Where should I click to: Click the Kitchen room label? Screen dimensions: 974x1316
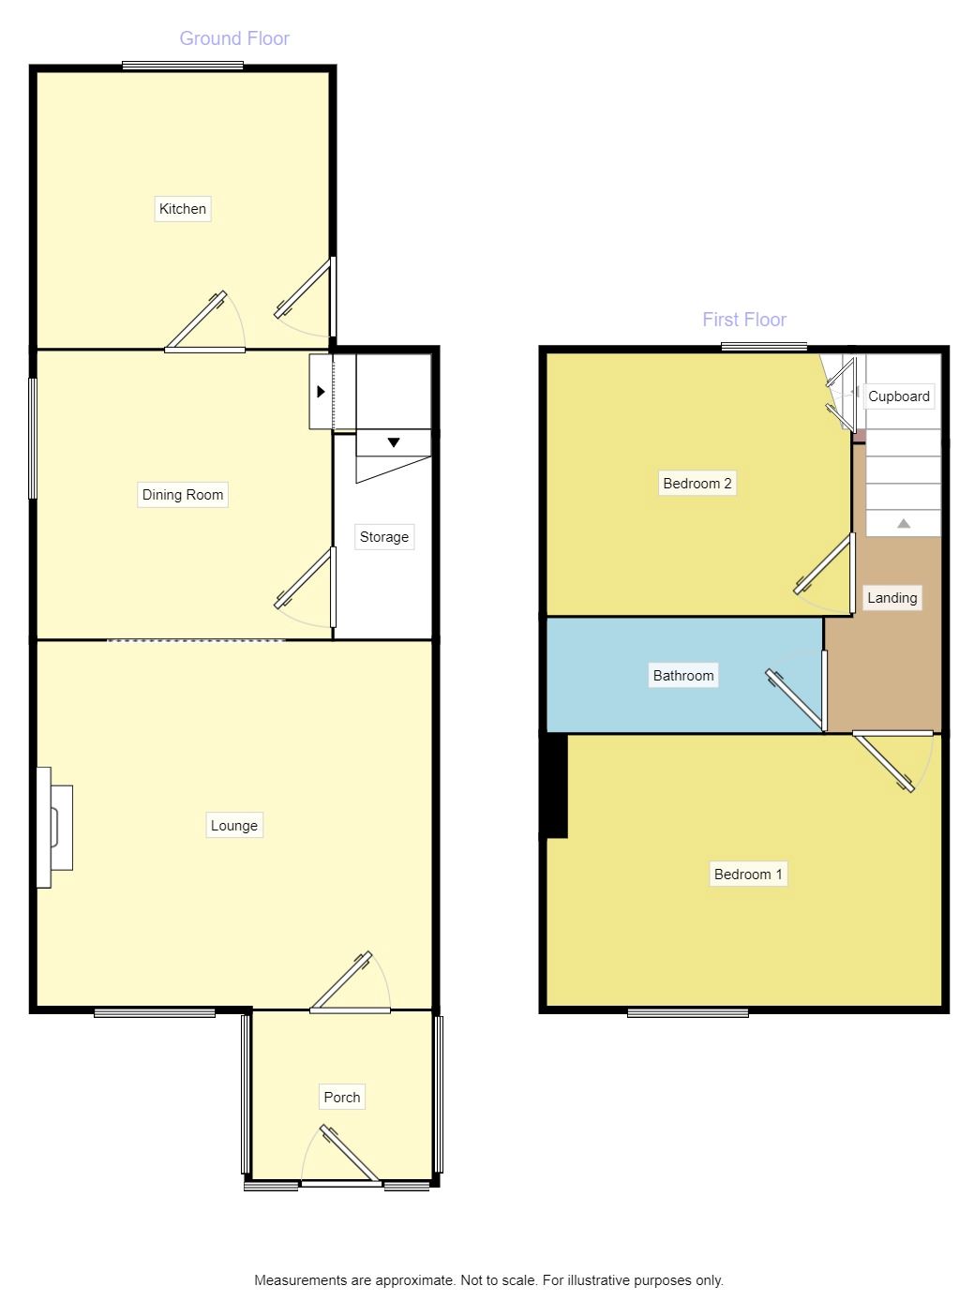(182, 209)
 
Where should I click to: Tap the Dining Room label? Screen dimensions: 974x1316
(182, 495)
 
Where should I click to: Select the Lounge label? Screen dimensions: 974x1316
(233, 826)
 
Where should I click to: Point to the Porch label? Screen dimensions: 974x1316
(341, 1097)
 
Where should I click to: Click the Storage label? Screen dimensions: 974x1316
(384, 537)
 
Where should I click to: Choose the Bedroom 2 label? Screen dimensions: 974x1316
(697, 484)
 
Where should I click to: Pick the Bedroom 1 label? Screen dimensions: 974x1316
(748, 874)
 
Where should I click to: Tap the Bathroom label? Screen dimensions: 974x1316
(683, 675)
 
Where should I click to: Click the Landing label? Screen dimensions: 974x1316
(892, 597)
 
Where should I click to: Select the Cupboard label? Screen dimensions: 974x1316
(899, 396)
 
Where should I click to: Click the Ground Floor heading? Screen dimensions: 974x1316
(234, 38)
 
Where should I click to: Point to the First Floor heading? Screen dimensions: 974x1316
(744, 320)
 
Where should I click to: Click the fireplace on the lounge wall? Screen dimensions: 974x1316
(54, 828)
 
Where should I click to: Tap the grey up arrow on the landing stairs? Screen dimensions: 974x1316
(904, 523)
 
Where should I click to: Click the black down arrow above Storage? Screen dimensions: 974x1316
(394, 442)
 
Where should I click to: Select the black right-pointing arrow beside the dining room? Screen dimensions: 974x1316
(321, 392)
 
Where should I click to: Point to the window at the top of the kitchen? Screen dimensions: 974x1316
(183, 66)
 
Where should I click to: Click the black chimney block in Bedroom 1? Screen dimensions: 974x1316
(556, 786)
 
